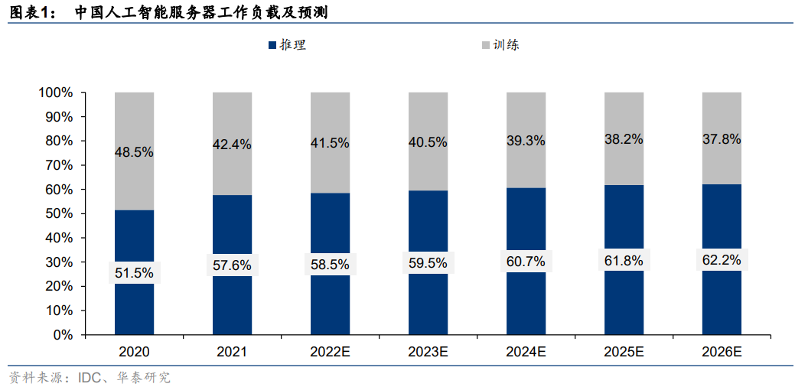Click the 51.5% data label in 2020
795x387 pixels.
coord(134,272)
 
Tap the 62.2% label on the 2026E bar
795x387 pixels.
coord(721,260)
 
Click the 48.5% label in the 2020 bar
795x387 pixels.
coord(134,152)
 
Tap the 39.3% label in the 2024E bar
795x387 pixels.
coord(526,141)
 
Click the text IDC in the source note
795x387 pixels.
coord(87,378)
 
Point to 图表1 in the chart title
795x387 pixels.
coord(29,13)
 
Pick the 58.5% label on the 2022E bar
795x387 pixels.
coord(330,265)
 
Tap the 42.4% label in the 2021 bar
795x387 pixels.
coord(232,145)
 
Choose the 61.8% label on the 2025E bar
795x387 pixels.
coord(624,261)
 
